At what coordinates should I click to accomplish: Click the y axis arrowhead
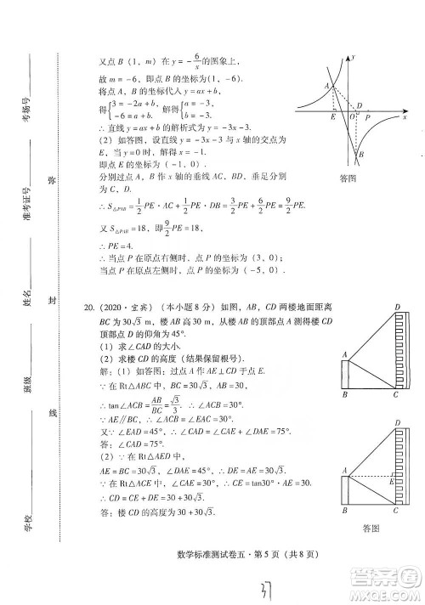[351, 57]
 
